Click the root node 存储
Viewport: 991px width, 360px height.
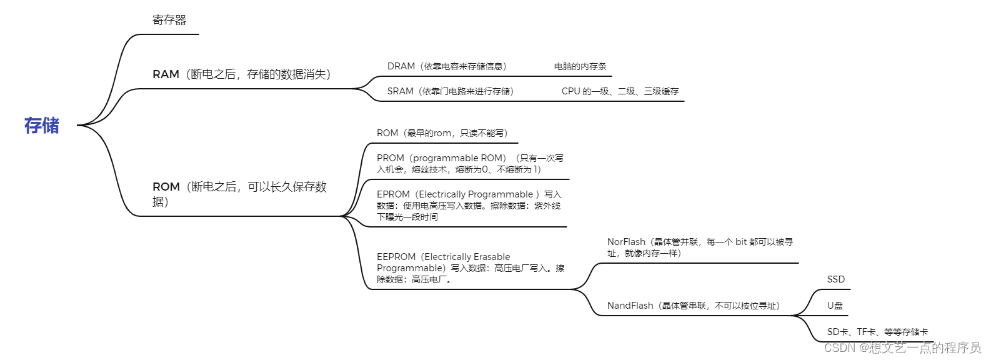42,126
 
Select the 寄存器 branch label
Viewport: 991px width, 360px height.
169,20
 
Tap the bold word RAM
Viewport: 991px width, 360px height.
166,74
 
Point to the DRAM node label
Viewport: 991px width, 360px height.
401,66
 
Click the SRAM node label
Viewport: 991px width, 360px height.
401,91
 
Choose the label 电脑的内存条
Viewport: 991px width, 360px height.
580,66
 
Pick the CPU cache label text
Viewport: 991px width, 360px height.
620,91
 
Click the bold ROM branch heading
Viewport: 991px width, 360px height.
166,187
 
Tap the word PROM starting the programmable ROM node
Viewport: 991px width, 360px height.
391,158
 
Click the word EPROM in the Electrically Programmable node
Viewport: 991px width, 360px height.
393,194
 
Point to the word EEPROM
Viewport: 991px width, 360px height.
396,257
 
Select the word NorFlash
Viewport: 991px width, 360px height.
626,242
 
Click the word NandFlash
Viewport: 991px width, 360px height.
630,306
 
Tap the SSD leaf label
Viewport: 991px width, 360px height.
835,279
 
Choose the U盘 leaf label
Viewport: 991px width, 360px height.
835,306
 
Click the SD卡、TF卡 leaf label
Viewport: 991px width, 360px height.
877,332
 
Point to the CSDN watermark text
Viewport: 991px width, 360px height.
902,348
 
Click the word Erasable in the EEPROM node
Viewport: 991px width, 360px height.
490,257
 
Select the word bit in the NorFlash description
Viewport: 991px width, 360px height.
740,242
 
